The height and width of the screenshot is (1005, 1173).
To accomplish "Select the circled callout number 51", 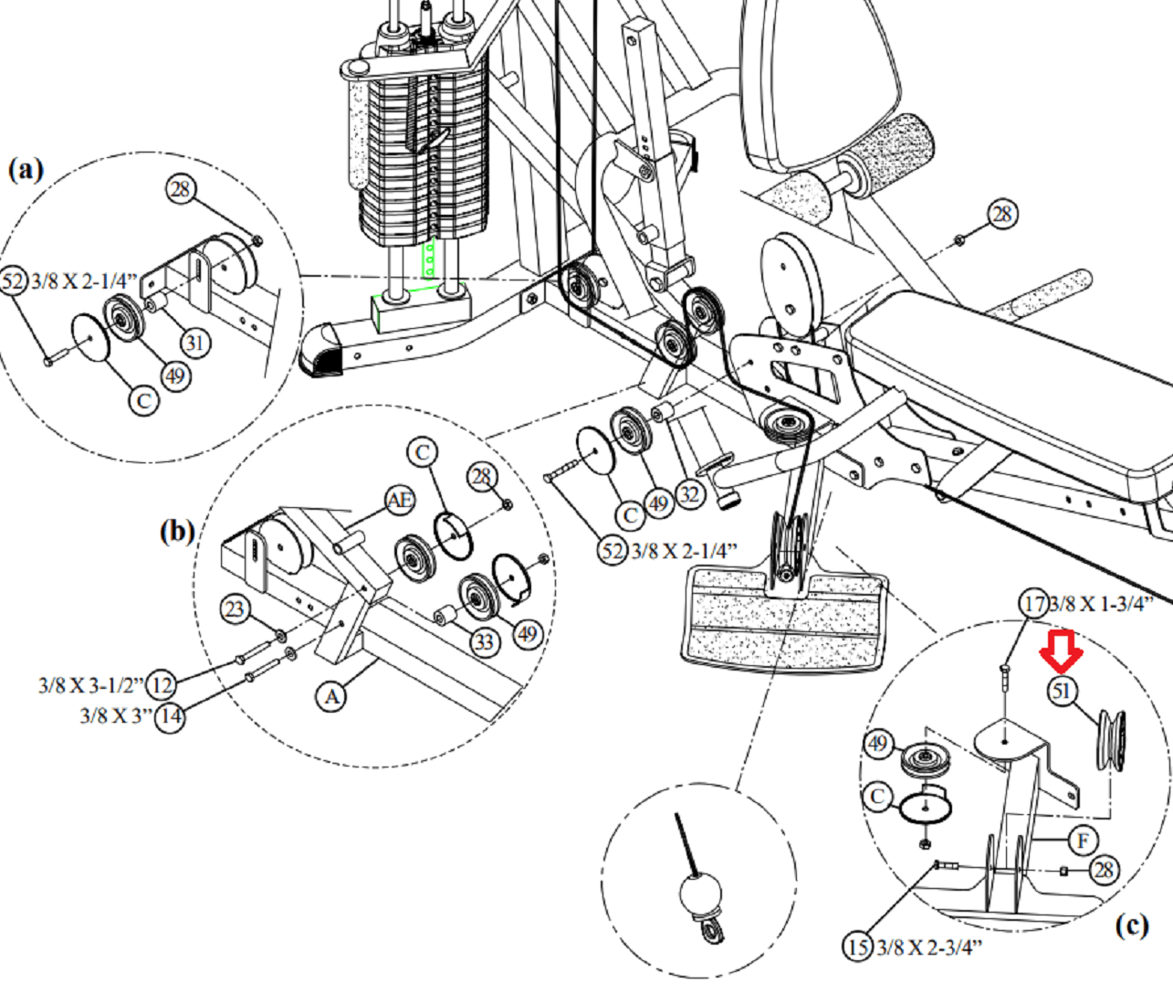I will [1061, 691].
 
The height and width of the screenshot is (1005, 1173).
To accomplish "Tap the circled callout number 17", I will [1033, 604].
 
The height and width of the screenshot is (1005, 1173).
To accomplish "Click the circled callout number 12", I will [162, 683].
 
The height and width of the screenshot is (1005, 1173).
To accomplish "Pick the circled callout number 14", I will [170, 716].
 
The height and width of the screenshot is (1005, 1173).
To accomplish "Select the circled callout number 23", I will [236, 608].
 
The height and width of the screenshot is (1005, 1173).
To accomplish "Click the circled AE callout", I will [399, 500].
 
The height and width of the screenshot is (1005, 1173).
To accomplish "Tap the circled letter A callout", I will [331, 696].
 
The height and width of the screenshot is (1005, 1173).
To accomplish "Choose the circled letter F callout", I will [1084, 840].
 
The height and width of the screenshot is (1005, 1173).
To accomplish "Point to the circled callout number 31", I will [194, 343].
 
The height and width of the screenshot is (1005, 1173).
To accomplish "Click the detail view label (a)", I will [26, 169].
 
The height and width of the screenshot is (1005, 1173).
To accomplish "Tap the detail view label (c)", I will [1131, 926].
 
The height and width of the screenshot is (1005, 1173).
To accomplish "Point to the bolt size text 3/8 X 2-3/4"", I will [928, 947].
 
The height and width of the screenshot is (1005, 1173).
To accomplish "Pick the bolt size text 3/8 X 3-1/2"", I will [90, 684].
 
